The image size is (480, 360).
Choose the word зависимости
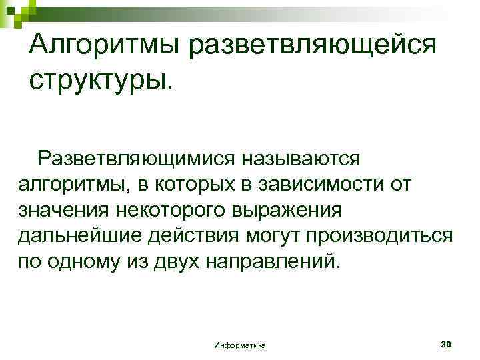pyautogui.click(x=317, y=185)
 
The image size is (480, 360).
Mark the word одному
pyautogui.click(x=90, y=261)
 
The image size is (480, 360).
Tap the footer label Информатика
pyautogui.click(x=239, y=345)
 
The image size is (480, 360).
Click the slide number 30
pyautogui.click(x=446, y=343)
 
